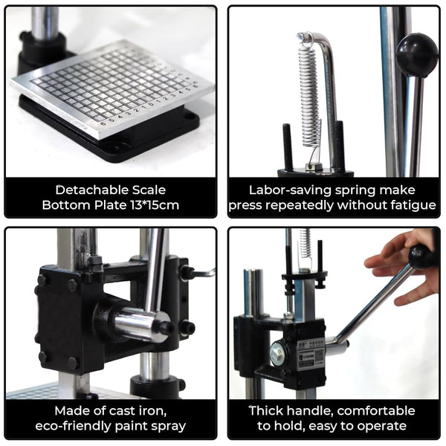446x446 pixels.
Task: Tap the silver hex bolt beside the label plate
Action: click(277, 354)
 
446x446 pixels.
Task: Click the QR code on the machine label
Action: click(319, 355)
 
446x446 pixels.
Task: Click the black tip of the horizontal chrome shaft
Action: click(167, 328)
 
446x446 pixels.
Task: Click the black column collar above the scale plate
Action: click(42, 51)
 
